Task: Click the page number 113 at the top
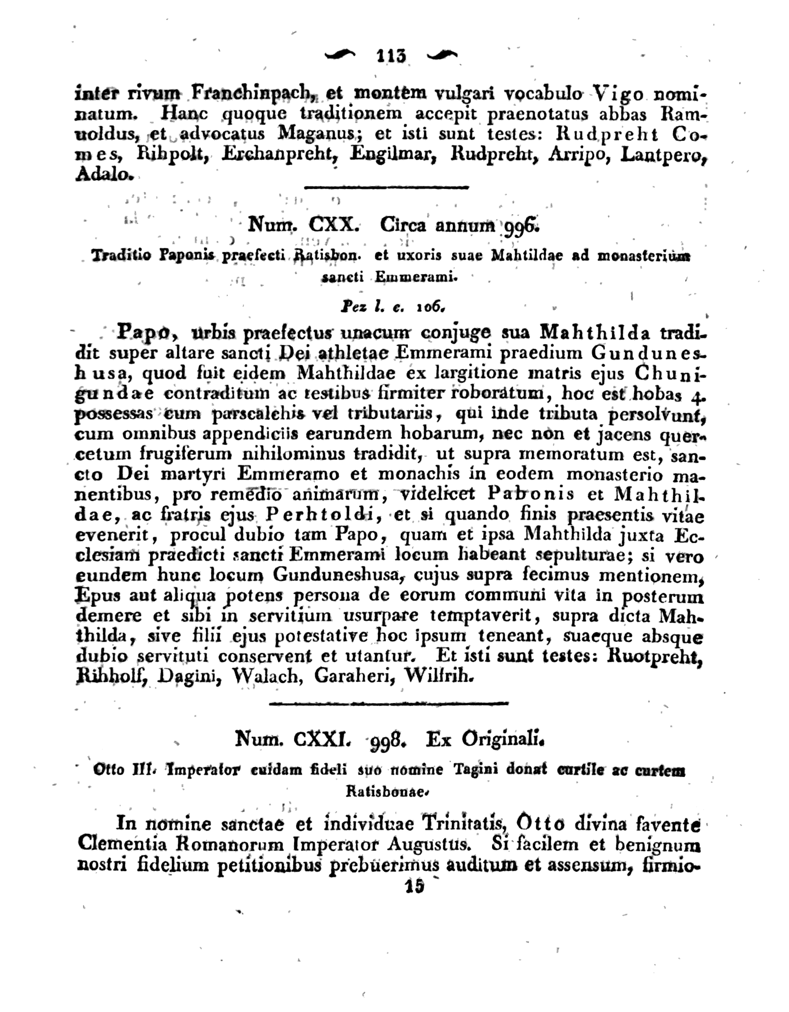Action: tap(392, 56)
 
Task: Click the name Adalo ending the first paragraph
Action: tap(104, 175)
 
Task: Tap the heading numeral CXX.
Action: tap(333, 225)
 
